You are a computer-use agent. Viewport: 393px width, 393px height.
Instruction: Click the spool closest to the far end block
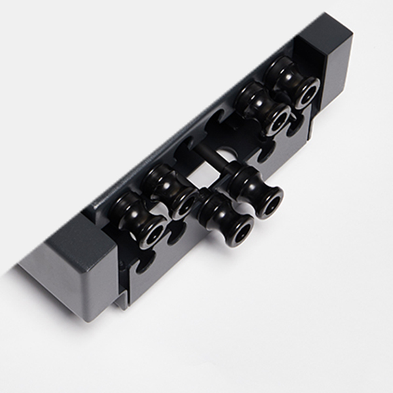293,82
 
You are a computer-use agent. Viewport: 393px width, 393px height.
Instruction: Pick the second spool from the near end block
170,190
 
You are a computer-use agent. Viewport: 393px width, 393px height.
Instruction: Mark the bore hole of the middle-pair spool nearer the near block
238,229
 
